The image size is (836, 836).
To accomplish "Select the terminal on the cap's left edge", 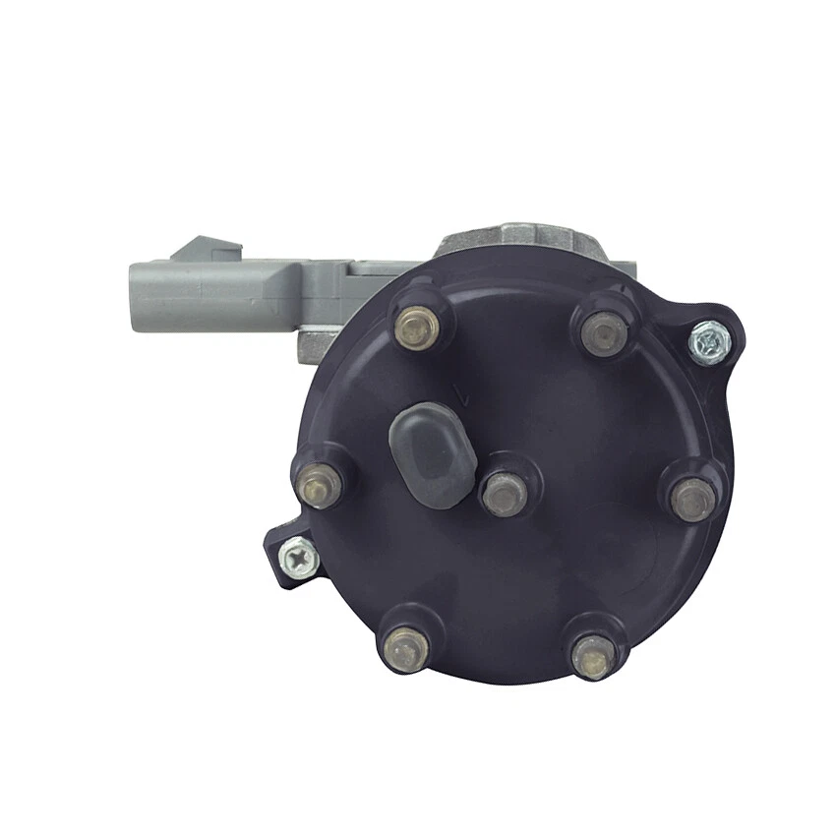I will (320, 484).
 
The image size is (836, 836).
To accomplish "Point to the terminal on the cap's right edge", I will (692, 499).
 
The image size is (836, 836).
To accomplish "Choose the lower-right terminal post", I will (594, 654).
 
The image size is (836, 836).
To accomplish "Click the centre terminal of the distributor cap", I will (504, 492).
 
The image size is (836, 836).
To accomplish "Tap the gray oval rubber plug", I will (432, 453).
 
